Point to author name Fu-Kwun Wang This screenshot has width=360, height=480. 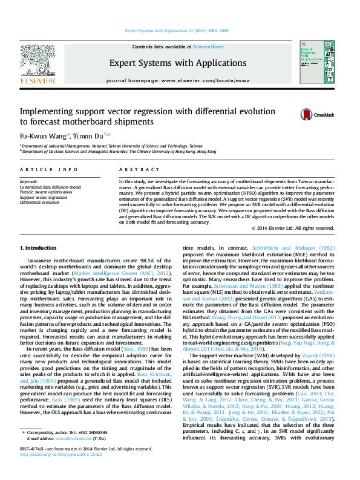(44, 135)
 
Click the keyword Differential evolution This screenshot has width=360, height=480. (40, 202)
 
